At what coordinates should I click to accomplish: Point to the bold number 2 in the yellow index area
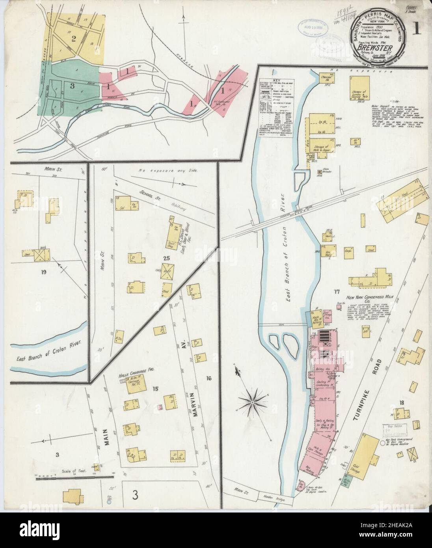tap(73, 38)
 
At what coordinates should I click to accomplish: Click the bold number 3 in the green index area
tap(72, 85)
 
